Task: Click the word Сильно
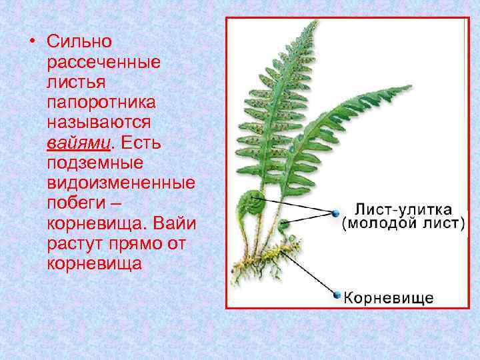tap(79, 41)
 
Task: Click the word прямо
tap(137, 243)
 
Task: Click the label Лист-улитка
tap(403, 209)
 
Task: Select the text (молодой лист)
tap(403, 224)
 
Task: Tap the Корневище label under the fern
tap(389, 297)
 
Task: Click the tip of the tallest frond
tap(314, 23)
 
